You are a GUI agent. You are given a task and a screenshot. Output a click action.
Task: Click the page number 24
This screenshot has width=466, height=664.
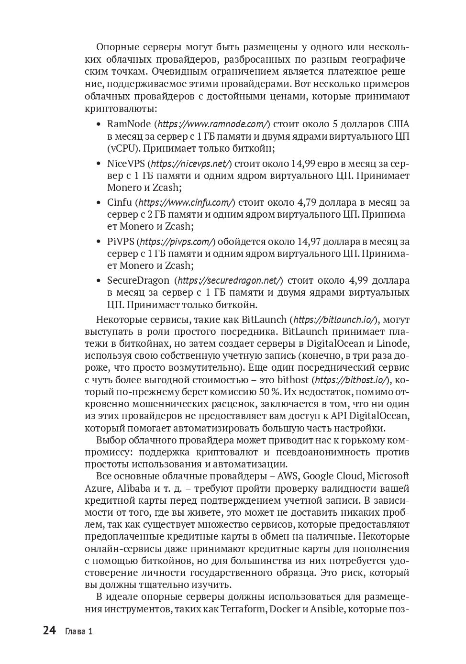[x=49, y=631]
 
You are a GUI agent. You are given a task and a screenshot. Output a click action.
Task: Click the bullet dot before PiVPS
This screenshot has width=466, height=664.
[x=99, y=242]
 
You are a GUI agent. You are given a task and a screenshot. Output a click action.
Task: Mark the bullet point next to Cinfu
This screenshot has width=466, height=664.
[x=99, y=202]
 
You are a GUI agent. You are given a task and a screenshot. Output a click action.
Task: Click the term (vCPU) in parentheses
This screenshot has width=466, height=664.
[x=123, y=148]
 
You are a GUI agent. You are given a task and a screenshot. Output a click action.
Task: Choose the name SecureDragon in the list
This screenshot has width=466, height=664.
[x=138, y=280]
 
